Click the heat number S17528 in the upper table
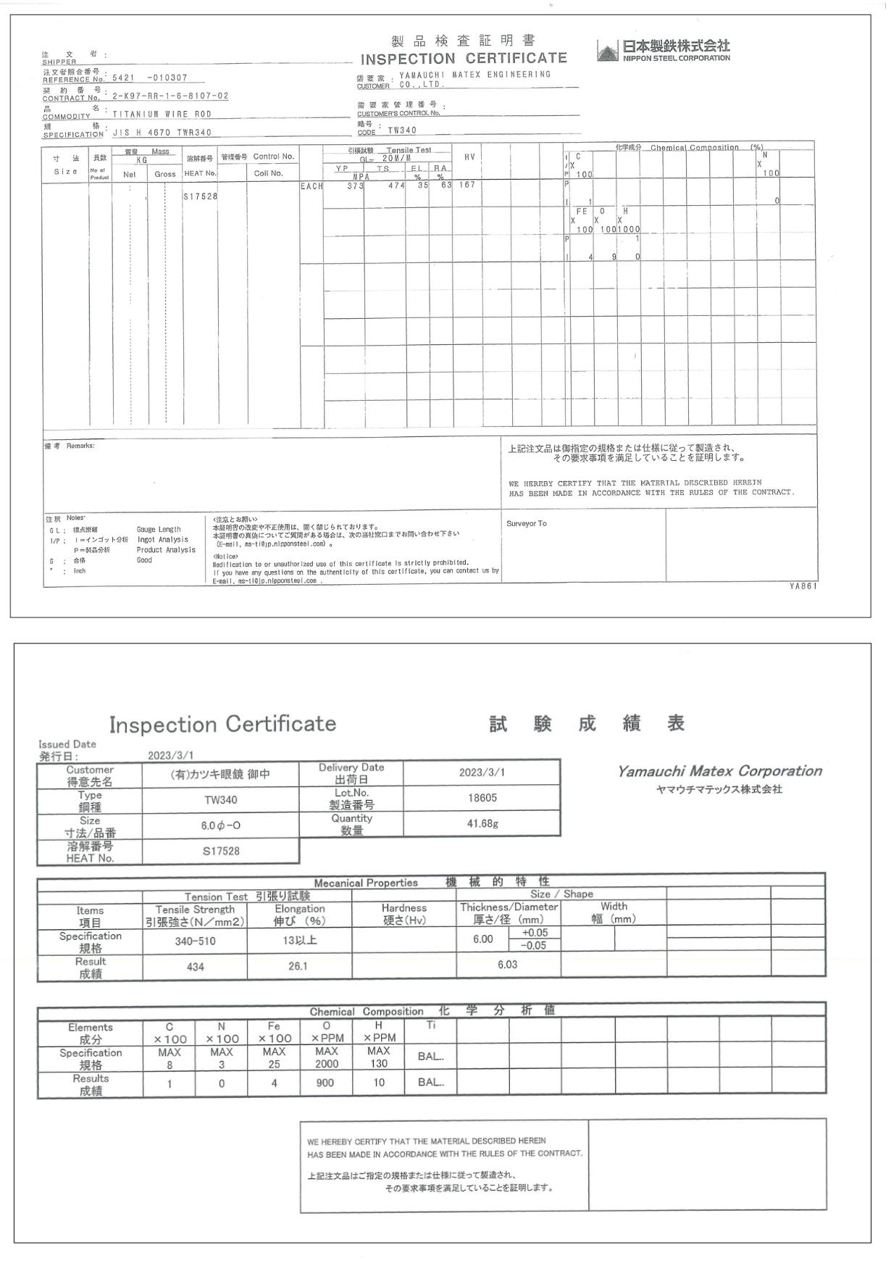(201, 196)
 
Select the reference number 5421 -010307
(150, 78)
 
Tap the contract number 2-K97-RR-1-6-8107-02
(170, 96)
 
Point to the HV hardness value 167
(467, 186)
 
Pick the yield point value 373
(355, 186)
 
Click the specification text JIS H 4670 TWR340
(162, 133)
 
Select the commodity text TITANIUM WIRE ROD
(162, 115)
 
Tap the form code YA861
(803, 586)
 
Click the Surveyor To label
(527, 523)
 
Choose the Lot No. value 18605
(482, 798)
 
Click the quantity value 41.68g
(482, 823)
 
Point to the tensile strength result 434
(195, 967)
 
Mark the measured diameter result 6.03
(507, 965)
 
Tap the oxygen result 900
(325, 1083)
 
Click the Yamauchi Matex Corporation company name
(719, 771)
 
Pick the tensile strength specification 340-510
(195, 941)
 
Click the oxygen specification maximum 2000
(326, 1064)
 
